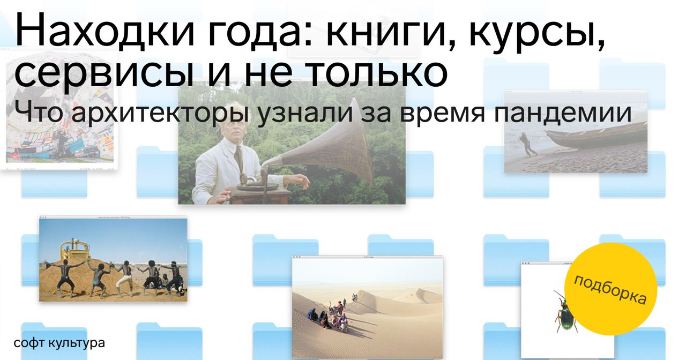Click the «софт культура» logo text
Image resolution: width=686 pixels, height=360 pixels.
click(x=59, y=343)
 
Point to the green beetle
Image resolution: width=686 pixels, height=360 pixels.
click(x=565, y=312)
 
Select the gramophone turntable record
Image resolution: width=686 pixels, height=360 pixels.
click(x=258, y=186)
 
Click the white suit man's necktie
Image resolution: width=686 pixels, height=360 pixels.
click(x=238, y=157)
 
